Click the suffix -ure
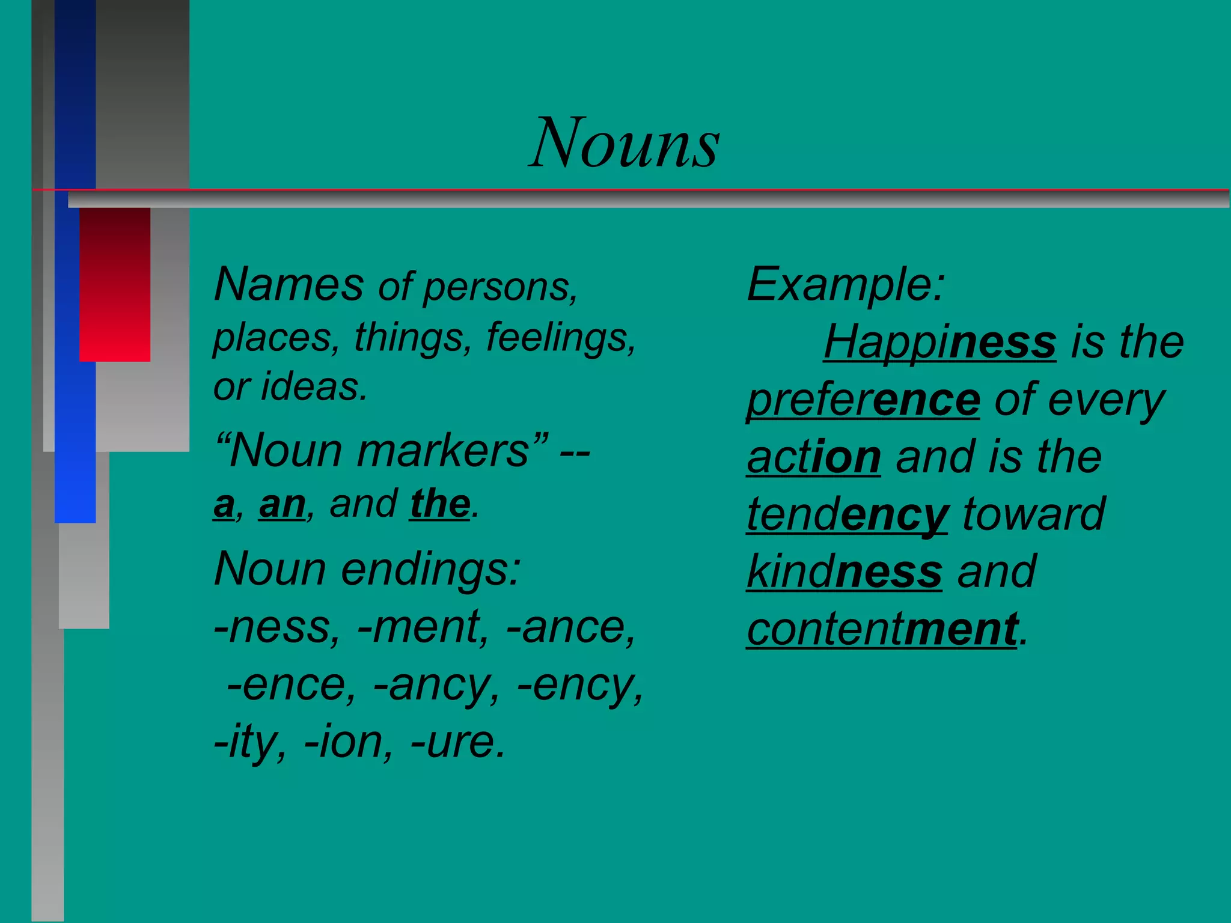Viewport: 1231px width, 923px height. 457,743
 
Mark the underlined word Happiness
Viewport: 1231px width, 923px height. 939,342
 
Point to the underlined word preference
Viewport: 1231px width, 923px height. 863,400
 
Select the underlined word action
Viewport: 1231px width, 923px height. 814,457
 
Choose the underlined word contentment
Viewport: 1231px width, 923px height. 882,629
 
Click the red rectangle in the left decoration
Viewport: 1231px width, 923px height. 115,284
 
